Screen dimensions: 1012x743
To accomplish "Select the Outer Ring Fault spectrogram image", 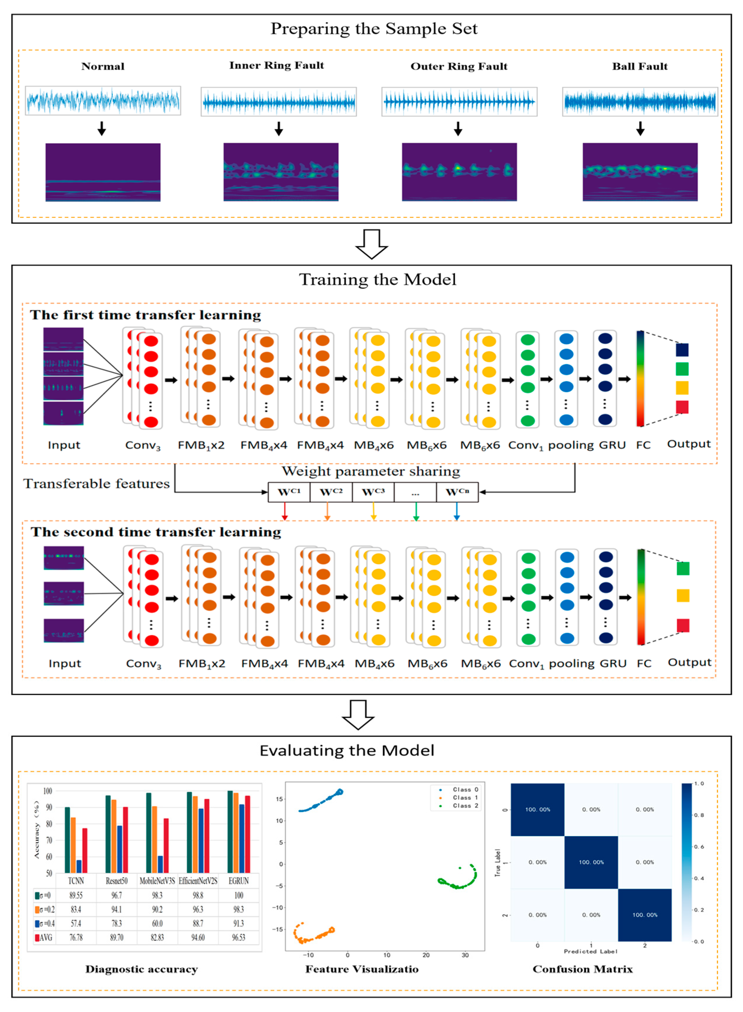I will pyautogui.click(x=459, y=172).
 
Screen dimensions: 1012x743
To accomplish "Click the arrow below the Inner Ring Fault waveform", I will pyautogui.click(x=279, y=129).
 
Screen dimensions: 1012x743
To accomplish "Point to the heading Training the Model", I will pyautogui.click(x=377, y=279).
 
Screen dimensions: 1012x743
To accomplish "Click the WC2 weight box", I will pyautogui.click(x=331, y=492).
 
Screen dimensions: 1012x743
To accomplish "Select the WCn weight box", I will pyautogui.click(x=457, y=492).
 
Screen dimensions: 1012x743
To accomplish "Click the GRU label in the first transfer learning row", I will pyautogui.click(x=612, y=445).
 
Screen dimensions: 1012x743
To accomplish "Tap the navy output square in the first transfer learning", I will pyautogui.click(x=682, y=350).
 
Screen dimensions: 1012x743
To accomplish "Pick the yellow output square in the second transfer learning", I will pyautogui.click(x=683, y=595).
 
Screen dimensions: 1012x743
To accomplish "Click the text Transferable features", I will pyautogui.click(x=97, y=484).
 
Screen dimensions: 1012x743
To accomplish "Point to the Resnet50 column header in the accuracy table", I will pyautogui.click(x=116, y=880).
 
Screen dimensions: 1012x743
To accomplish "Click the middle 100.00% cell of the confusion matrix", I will pyautogui.click(x=591, y=862).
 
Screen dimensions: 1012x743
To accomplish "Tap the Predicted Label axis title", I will pyautogui.click(x=590, y=951).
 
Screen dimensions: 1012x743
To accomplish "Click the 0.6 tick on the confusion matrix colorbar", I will pyautogui.click(x=698, y=846).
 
